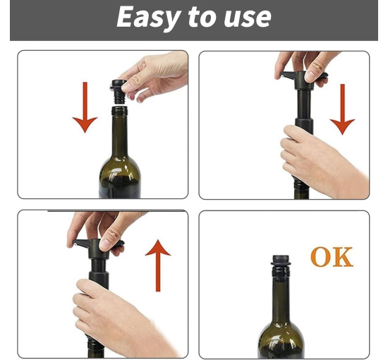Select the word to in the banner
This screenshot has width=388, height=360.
[201, 18]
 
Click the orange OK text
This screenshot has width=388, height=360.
[332, 257]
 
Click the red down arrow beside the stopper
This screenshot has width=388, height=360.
[85, 107]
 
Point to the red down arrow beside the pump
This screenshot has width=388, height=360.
[342, 109]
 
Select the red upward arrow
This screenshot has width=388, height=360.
[158, 265]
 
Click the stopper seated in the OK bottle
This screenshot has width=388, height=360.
[280, 260]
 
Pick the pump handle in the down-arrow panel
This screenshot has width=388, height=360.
[303, 79]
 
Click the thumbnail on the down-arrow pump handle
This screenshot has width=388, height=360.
[310, 76]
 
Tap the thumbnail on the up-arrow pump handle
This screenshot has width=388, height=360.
[104, 245]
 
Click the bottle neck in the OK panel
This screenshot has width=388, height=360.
[280, 297]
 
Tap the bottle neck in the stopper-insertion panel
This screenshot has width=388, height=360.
[119, 135]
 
